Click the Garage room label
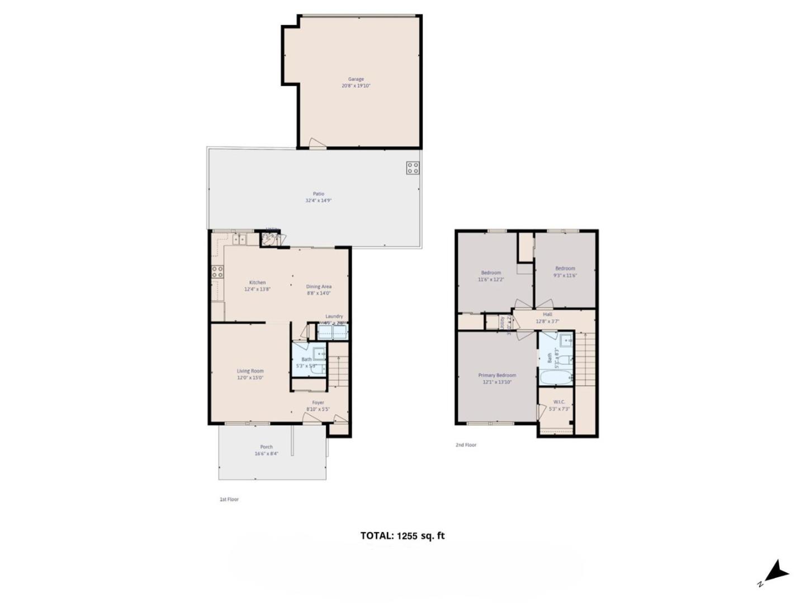356,79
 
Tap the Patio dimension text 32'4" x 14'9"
318,201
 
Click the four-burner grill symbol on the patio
413,168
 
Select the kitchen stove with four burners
217,272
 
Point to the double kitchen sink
240,239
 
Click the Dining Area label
319,287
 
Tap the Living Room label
250,371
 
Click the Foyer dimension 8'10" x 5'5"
318,409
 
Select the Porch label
267,447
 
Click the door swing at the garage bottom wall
316,144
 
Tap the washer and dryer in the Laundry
333,332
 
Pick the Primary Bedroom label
497,376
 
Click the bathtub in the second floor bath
555,376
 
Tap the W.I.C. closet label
559,402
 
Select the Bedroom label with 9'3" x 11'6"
565,269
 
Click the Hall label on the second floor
547,315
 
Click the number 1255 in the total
408,536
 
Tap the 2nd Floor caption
466,445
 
